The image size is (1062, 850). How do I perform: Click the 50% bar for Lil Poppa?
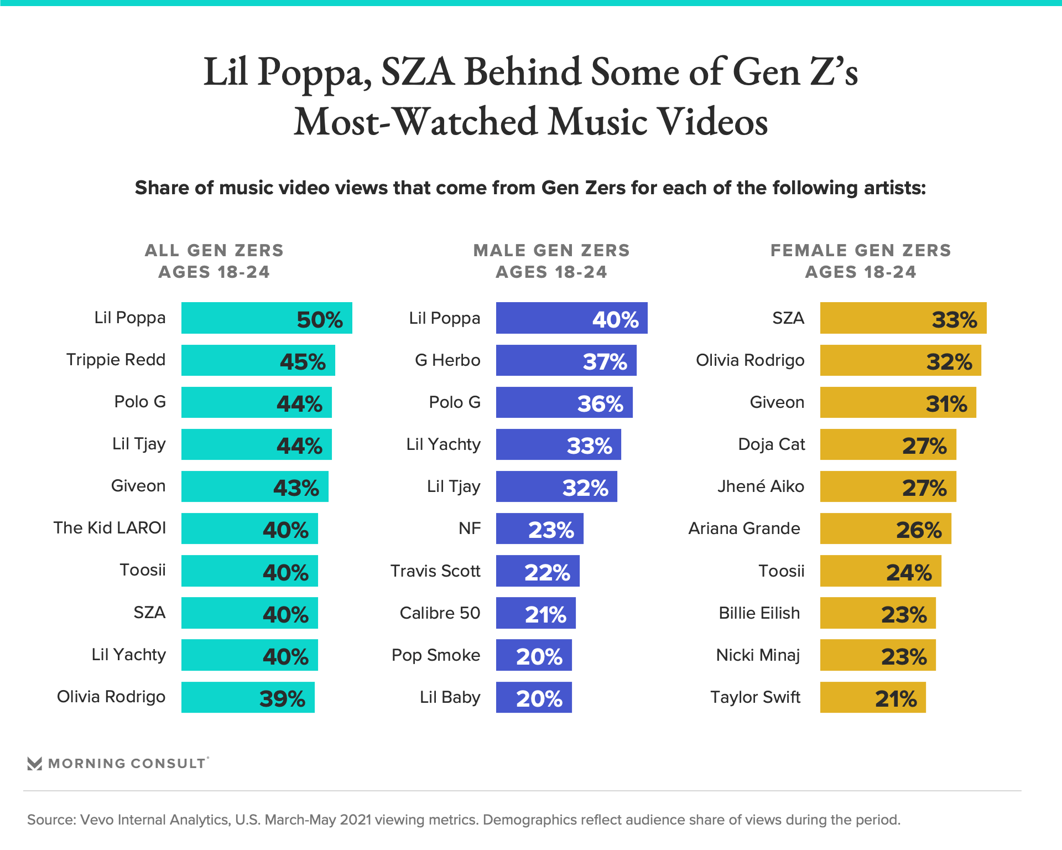[267, 318]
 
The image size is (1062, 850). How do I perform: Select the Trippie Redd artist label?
[116, 360]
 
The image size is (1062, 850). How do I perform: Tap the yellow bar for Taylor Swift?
[872, 697]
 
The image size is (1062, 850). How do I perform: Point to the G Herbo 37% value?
[605, 362]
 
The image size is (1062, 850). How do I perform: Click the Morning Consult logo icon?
[35, 764]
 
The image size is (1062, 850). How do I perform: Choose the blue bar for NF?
[539, 528]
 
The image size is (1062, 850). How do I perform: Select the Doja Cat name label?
[771, 444]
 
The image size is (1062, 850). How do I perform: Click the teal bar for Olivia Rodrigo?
[248, 697]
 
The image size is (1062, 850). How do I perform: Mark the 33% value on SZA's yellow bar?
[954, 320]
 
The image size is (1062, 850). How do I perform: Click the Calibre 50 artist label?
[440, 613]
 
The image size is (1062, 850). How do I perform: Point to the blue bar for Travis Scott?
[538, 571]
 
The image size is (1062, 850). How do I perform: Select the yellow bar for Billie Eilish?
[878, 613]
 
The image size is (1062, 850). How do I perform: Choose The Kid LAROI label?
[110, 528]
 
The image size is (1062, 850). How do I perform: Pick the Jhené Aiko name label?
[761, 486]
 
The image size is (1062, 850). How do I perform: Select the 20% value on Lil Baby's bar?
[539, 699]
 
